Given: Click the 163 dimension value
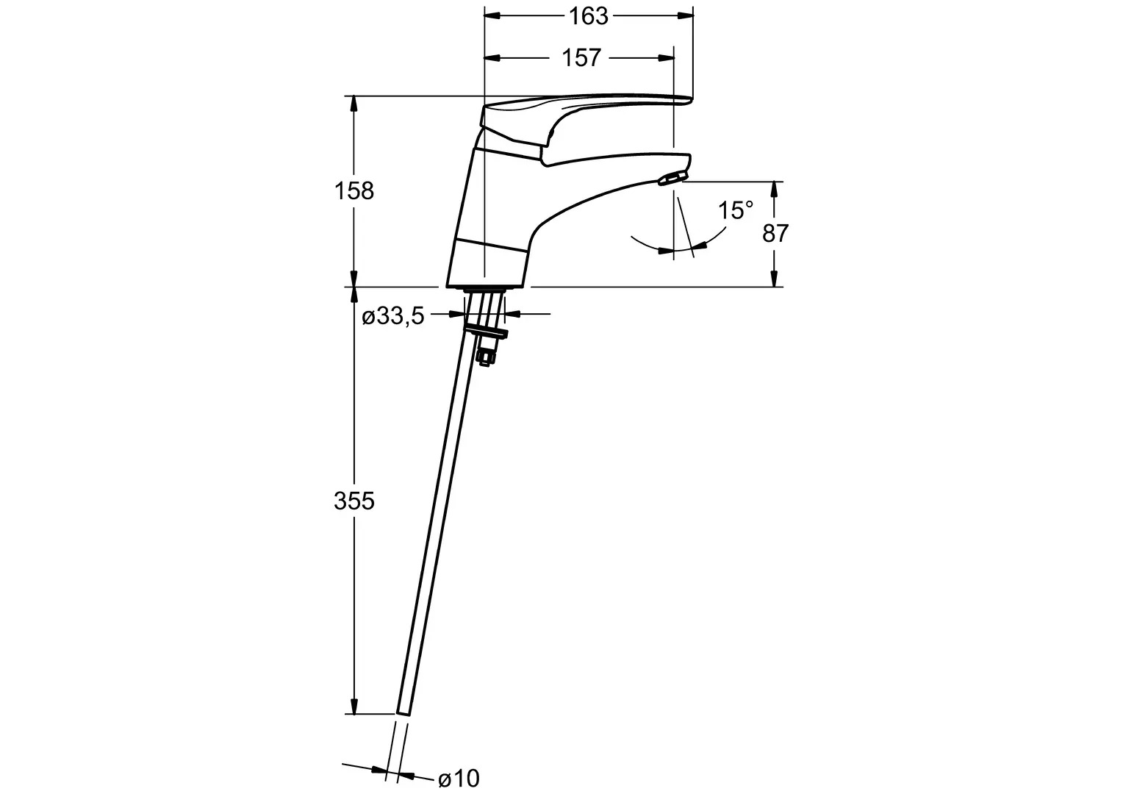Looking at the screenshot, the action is [x=588, y=16].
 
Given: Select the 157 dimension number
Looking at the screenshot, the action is [x=581, y=57].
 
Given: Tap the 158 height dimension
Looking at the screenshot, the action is [x=354, y=191].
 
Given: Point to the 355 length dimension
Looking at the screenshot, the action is [x=354, y=501].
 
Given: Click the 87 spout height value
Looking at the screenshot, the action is [x=775, y=233].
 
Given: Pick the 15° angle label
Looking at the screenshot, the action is [x=736, y=210].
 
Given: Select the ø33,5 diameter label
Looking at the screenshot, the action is [x=393, y=316].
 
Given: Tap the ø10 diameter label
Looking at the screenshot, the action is [x=459, y=779].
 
